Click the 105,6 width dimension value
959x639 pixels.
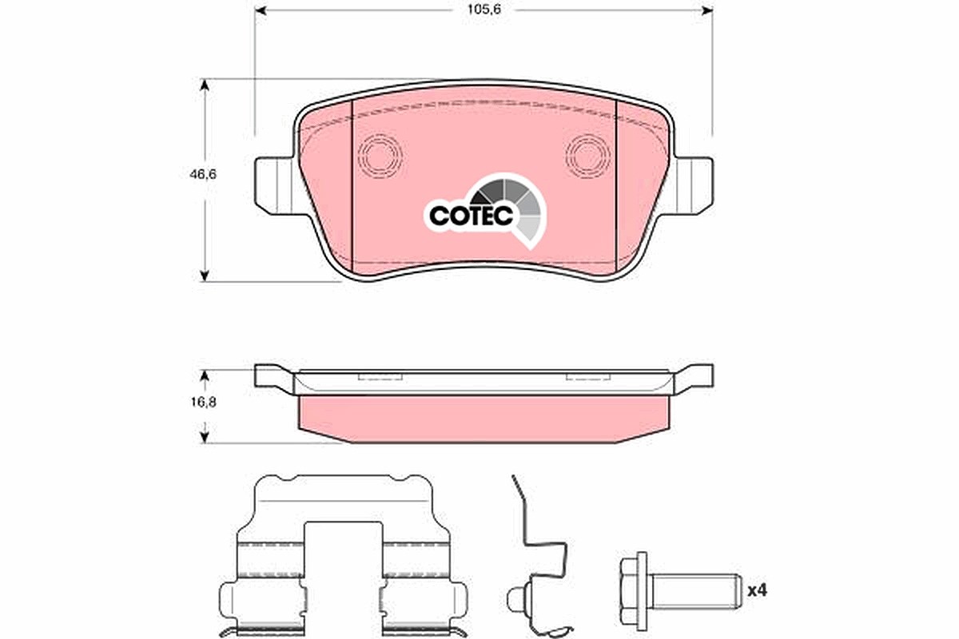click(483, 10)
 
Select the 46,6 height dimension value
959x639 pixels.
click(203, 174)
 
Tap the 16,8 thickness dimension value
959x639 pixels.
click(204, 403)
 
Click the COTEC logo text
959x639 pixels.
click(471, 216)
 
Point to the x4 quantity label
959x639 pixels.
click(758, 591)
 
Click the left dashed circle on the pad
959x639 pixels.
click(380, 156)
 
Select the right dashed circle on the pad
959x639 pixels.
click(588, 156)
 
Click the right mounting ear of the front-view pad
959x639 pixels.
click(693, 186)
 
